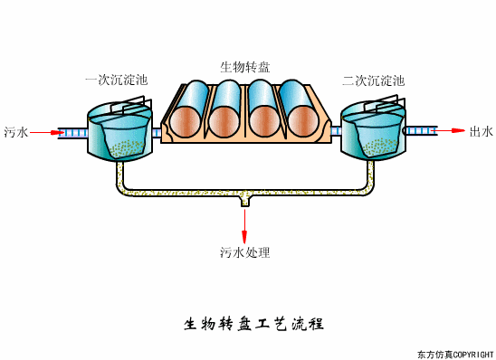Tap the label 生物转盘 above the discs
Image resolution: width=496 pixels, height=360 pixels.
pyautogui.click(x=244, y=66)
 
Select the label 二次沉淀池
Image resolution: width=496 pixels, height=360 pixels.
pyautogui.click(x=373, y=81)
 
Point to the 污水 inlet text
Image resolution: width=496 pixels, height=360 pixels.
pyautogui.click(x=16, y=132)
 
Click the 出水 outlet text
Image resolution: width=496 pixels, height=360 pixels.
pyautogui.click(x=481, y=132)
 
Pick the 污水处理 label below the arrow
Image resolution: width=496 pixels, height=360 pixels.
pyautogui.click(x=244, y=252)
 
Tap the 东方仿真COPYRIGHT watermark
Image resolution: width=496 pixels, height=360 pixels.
pyautogui.click(x=454, y=353)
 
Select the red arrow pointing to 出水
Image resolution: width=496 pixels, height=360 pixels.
pyautogui.click(x=453, y=131)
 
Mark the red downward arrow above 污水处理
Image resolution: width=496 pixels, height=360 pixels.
pyautogui.click(x=244, y=225)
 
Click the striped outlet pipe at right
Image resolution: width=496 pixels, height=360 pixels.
pyautogui.click(x=421, y=131)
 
